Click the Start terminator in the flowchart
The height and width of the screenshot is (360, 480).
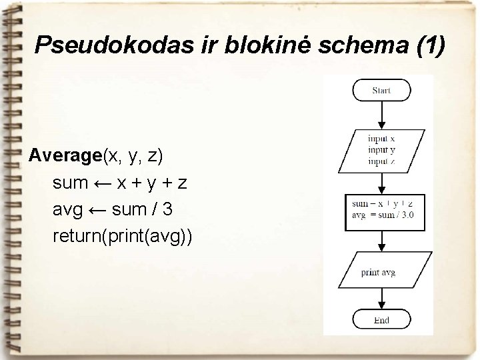[x=381, y=91]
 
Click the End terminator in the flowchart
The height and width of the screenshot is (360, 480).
[x=381, y=320]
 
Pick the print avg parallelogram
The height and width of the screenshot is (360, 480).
[x=378, y=272]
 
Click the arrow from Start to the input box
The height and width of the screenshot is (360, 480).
[x=381, y=116]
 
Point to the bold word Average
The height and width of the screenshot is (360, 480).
[x=65, y=156]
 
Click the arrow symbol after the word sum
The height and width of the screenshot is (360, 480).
[x=103, y=183]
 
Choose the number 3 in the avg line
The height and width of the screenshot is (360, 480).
[x=167, y=209]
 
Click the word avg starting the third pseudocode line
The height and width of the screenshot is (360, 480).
[x=67, y=209]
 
